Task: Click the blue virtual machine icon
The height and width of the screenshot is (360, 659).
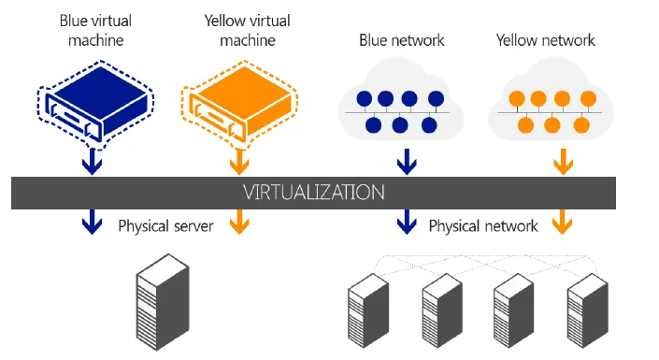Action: click(x=96, y=105)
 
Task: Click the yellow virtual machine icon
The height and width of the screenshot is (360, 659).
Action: click(x=240, y=105)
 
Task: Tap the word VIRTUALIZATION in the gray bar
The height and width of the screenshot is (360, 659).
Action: click(x=314, y=193)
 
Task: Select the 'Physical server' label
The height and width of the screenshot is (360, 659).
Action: click(x=165, y=226)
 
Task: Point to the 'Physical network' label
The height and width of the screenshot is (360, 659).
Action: click(x=483, y=226)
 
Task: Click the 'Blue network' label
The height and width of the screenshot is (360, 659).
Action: click(x=401, y=40)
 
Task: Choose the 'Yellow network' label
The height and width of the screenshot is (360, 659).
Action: click(x=546, y=40)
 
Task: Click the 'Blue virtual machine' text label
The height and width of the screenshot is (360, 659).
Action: click(x=96, y=30)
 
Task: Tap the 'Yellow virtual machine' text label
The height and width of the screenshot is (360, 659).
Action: click(x=248, y=30)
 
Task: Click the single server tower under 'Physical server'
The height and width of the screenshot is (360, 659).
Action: click(x=163, y=302)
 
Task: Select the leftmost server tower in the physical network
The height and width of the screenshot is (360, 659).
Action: click(x=368, y=310)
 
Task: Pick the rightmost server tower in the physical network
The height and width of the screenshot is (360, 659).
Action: click(x=588, y=310)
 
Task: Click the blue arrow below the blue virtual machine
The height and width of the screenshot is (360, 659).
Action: click(x=92, y=163)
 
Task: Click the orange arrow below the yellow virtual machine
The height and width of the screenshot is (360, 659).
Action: click(x=239, y=163)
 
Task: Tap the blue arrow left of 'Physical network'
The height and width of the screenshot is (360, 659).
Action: click(x=407, y=222)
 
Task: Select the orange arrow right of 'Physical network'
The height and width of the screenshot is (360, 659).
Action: click(x=563, y=222)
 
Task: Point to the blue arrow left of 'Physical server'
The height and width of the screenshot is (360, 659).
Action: click(x=92, y=222)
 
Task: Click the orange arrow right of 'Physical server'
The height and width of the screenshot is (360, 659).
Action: click(x=239, y=222)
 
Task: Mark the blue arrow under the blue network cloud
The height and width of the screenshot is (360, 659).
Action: click(x=407, y=162)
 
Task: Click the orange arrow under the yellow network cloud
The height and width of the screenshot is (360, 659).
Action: click(x=563, y=162)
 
